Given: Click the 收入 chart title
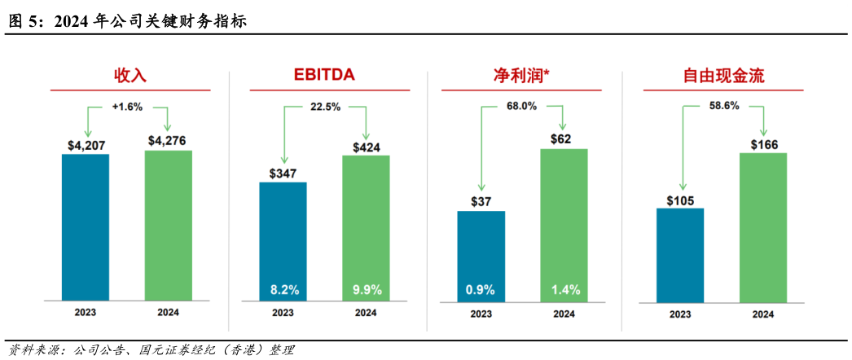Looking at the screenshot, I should (x=130, y=77).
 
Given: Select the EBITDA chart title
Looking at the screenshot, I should (x=324, y=77).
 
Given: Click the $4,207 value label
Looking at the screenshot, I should (x=86, y=145).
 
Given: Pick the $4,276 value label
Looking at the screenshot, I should (x=167, y=140).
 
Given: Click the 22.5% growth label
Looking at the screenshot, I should (x=325, y=106).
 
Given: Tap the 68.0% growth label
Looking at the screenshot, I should (x=521, y=106).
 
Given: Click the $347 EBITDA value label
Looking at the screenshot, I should (x=283, y=173).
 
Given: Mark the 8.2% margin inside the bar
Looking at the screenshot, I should (x=283, y=289).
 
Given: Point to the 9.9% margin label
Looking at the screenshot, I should (x=366, y=289).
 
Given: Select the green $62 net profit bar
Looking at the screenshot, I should (x=564, y=220).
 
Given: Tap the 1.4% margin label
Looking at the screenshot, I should (x=564, y=289).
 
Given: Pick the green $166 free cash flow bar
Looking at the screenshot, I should (x=763, y=228).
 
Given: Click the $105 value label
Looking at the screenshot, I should (x=680, y=200).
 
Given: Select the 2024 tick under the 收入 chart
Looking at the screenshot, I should (x=169, y=313).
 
